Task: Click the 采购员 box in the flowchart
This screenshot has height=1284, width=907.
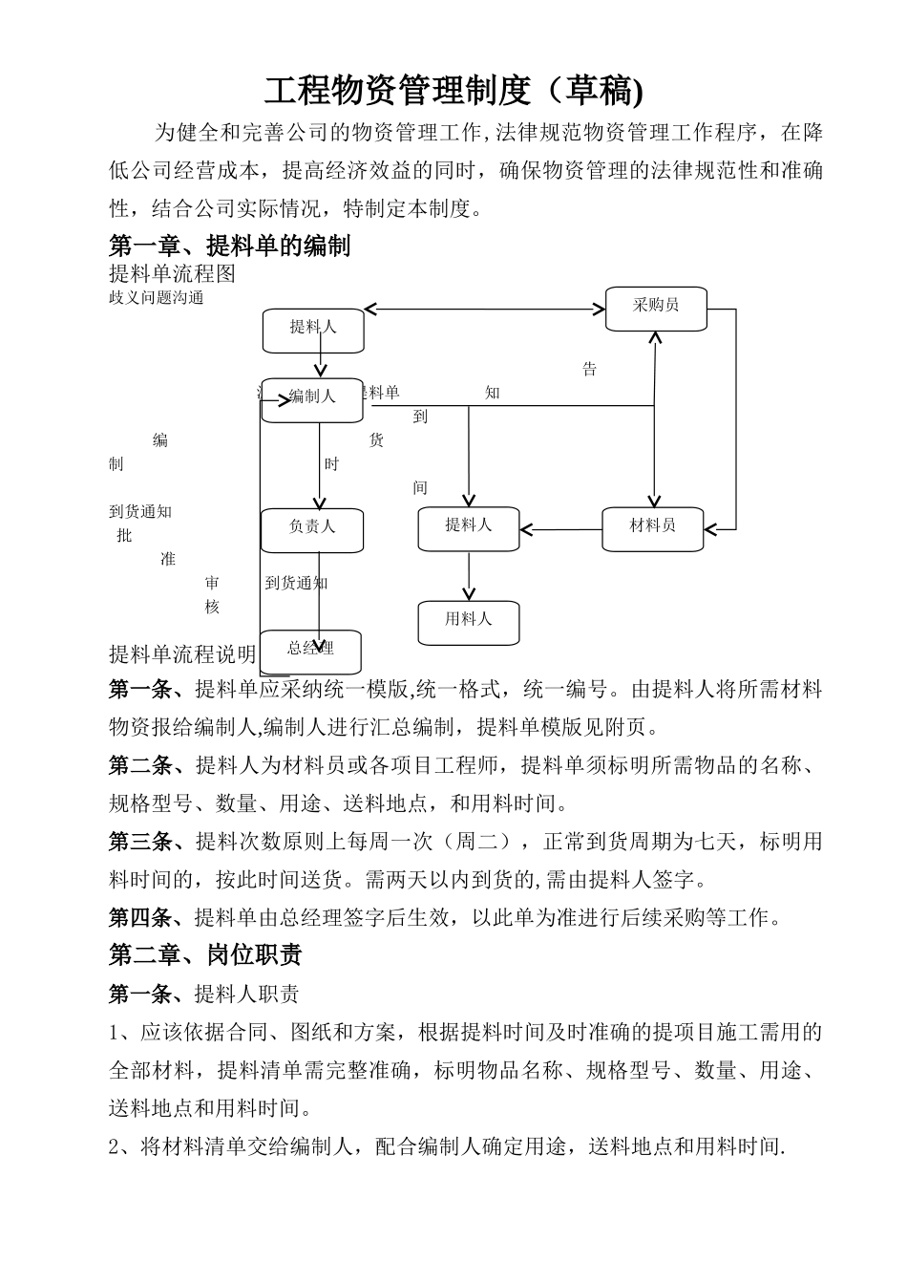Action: tap(656, 308)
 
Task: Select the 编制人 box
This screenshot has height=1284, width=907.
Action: tap(312, 398)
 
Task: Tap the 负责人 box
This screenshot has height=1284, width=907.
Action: tap(312, 529)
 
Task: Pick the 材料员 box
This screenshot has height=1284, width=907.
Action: tap(652, 527)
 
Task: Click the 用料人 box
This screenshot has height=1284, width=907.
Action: tap(468, 622)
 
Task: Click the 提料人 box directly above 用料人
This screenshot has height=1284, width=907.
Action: tap(468, 527)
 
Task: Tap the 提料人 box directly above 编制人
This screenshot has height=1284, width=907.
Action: tap(313, 330)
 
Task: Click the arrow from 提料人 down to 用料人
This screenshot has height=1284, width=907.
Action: tap(469, 575)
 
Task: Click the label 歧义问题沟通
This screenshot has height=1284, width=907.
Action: tap(157, 297)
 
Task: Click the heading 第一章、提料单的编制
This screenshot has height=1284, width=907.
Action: tap(230, 246)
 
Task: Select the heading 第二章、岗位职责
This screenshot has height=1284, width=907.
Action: tap(205, 954)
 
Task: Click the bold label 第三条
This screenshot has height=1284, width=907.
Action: tap(139, 842)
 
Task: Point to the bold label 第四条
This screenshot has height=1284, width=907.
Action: tap(139, 918)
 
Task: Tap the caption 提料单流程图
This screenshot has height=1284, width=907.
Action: tap(172, 274)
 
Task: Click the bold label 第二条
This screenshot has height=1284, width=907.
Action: tap(139, 765)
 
